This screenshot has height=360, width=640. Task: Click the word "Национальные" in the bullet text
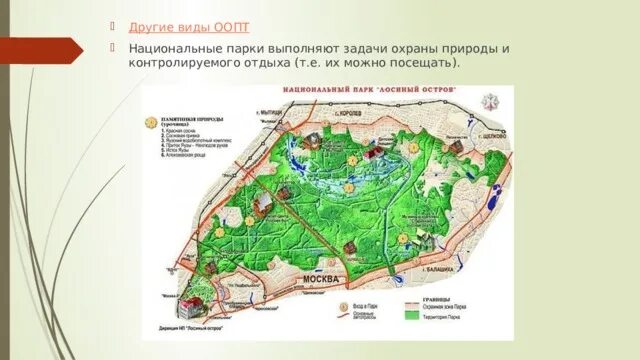[174, 48]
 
